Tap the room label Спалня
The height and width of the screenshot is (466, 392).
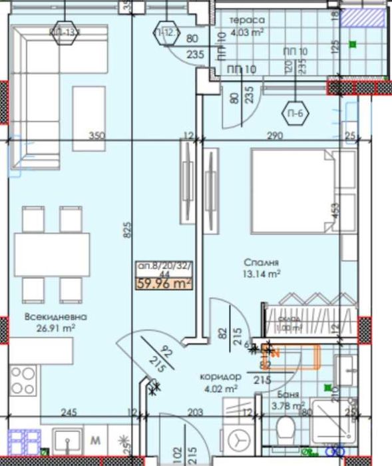point(260,262)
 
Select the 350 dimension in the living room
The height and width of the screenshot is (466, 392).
point(98,136)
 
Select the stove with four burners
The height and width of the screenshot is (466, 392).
point(23,381)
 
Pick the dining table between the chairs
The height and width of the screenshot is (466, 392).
point(51,254)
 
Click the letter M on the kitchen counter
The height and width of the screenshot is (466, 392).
point(95,439)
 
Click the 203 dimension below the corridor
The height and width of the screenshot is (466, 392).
point(194,413)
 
